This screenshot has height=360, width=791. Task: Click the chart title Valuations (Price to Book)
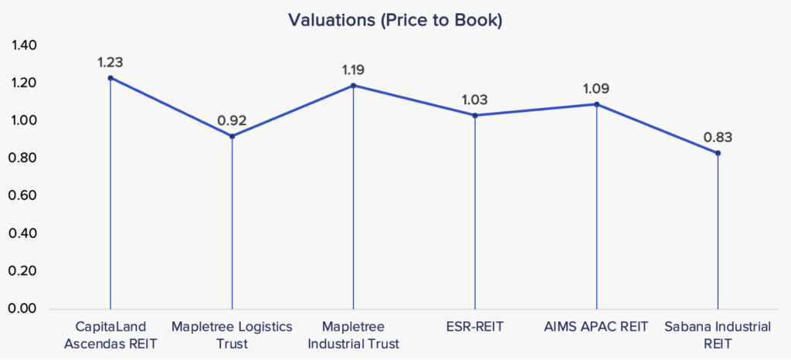(395, 20)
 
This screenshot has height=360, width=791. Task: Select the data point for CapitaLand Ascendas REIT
(110, 78)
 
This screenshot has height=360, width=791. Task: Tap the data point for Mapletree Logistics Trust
(232, 136)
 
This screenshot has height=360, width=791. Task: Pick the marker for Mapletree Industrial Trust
(353, 86)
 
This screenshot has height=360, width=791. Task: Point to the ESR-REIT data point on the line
(475, 115)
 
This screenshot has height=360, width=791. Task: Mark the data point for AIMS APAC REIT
(596, 104)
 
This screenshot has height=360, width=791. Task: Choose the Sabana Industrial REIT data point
(718, 153)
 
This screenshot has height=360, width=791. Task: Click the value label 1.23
(110, 62)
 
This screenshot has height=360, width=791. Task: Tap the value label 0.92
(232, 121)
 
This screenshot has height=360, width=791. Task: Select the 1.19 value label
(353, 70)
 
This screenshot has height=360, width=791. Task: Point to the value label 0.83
(718, 138)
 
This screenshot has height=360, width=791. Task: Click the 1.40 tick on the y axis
(24, 46)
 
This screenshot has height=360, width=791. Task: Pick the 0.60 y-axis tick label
(24, 196)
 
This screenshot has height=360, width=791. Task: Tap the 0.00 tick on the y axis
(24, 309)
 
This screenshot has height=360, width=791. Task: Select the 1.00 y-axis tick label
(24, 121)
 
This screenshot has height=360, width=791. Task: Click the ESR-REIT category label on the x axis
(475, 327)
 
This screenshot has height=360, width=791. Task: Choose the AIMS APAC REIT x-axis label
(596, 327)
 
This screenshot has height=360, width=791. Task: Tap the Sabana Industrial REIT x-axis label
(718, 334)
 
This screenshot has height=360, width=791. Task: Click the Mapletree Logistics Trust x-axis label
(232, 334)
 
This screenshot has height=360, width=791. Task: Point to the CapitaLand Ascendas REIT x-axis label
(110, 334)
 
